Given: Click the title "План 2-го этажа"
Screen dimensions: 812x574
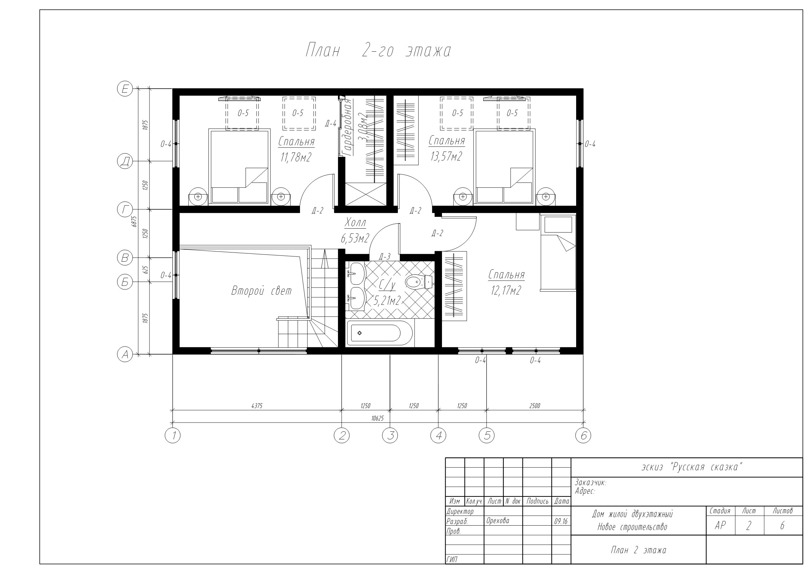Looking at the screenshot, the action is [378, 50].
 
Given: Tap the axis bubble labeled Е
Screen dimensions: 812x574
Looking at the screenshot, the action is [125, 88].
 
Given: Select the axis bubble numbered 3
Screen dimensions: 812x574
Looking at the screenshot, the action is [390, 435].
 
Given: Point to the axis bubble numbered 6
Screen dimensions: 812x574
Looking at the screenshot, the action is [583, 435].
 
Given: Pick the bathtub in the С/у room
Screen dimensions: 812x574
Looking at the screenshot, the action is [380, 333].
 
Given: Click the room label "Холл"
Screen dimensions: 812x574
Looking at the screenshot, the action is [355, 222].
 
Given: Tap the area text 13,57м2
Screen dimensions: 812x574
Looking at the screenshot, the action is [446, 156].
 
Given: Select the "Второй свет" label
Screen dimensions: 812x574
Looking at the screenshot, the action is [261, 291].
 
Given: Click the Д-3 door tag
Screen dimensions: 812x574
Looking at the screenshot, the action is [384, 257].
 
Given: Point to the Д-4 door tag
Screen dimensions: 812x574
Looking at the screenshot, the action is [331, 123].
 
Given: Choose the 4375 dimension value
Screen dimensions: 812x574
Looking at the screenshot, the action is [257, 406].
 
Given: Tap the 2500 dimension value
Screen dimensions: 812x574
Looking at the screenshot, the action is [535, 406].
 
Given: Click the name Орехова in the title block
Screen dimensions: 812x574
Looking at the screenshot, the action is [498, 521].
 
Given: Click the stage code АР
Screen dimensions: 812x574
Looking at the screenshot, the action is [720, 526].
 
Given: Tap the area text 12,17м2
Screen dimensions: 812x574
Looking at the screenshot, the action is [506, 291].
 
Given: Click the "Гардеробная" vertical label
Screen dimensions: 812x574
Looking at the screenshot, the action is [348, 127].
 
